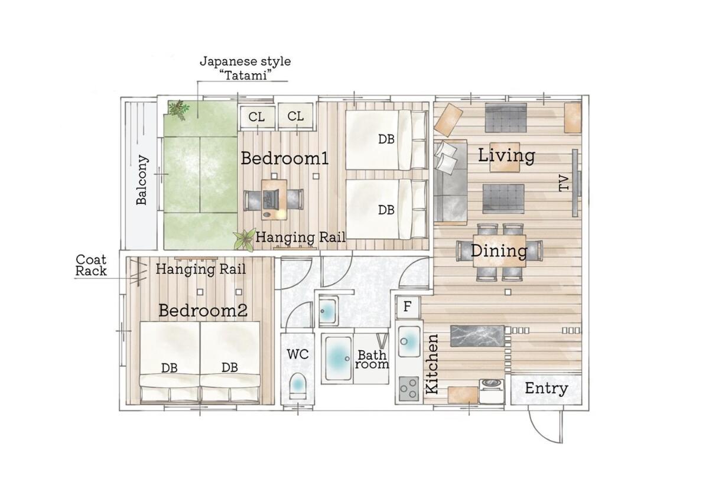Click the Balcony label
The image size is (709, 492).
pyautogui.click(x=142, y=180)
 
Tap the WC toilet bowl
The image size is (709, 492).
pyautogui.click(x=298, y=386)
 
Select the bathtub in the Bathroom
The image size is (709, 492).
pyautogui.click(x=338, y=358)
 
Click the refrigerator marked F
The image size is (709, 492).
pyautogui.click(x=408, y=307)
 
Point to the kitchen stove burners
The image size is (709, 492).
pyautogui.click(x=408, y=389)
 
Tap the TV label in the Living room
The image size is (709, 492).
pyautogui.click(x=564, y=183)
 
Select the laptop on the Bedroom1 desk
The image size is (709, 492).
pyautogui.click(x=270, y=199)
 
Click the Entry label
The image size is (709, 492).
pyautogui.click(x=547, y=389)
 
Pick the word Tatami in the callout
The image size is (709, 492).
pyautogui.click(x=245, y=75)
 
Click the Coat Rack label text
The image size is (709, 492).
pyautogui.click(x=91, y=265)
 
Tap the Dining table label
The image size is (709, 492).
pyautogui.click(x=499, y=251)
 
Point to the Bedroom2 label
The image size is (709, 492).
pyautogui.click(x=203, y=311)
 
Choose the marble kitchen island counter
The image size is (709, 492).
pyautogui.click(x=477, y=335)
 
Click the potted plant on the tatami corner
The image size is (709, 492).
pyautogui.click(x=179, y=109)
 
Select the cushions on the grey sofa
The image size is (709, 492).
pyautogui.click(x=446, y=157)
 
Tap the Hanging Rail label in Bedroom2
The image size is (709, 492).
pyautogui.click(x=201, y=269)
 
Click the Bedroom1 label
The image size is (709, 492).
pyautogui.click(x=285, y=158)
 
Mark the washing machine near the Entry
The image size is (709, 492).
pyautogui.click(x=492, y=392)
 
